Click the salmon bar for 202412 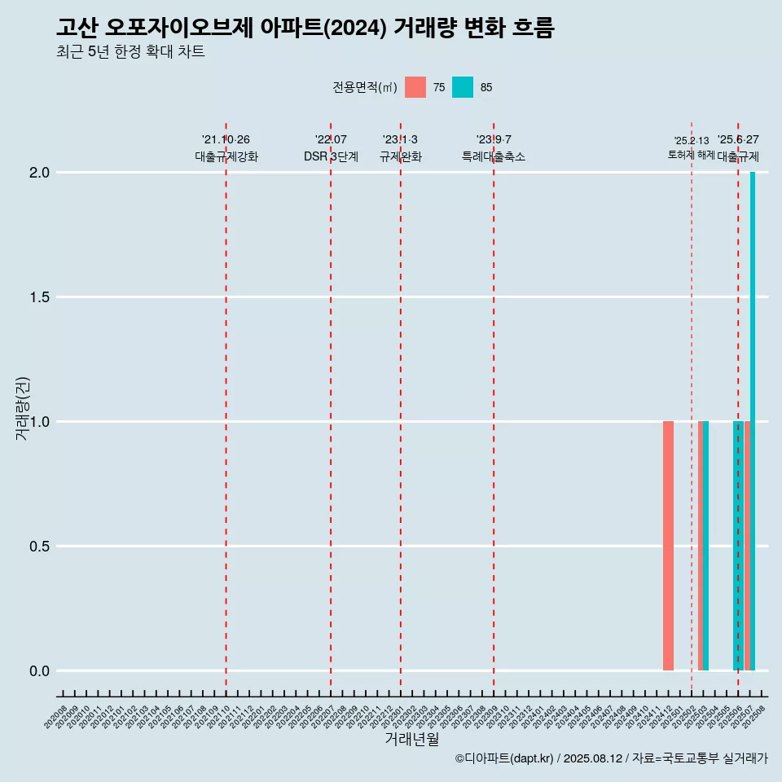[x=668, y=546]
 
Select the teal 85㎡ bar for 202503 [x=706, y=546]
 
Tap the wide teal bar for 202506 [x=737, y=546]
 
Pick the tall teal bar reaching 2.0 [x=753, y=421]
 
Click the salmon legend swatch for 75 [x=415, y=87]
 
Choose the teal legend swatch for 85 [x=463, y=87]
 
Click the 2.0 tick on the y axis [x=40, y=173]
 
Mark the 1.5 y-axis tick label [x=40, y=297]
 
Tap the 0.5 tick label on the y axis [x=40, y=547]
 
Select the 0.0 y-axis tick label [x=40, y=671]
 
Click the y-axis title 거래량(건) [x=23, y=408]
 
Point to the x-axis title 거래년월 [x=411, y=740]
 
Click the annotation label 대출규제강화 [x=226, y=156]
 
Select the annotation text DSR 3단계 [x=331, y=156]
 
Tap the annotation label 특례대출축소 [x=494, y=156]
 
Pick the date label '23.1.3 [x=400, y=139]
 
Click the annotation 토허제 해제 [x=691, y=155]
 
